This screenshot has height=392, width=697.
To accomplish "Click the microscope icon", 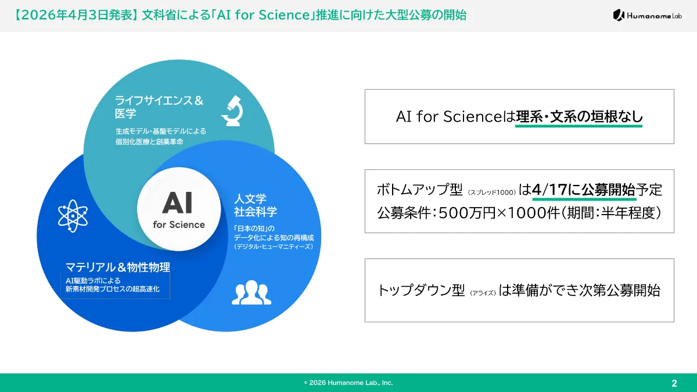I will click(x=232, y=111).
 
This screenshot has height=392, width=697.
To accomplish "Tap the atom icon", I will click(x=72, y=216).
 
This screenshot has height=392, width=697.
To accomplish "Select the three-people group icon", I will click(x=252, y=293).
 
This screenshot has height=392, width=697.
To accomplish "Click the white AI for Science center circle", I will click(x=179, y=209).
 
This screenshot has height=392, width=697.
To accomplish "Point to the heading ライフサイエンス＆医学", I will click(x=159, y=107).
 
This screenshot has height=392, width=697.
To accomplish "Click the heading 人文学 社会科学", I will click(x=255, y=204).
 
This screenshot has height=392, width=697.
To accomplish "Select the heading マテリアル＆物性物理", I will click(x=117, y=268).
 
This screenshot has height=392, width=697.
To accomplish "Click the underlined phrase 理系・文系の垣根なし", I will click(x=579, y=116).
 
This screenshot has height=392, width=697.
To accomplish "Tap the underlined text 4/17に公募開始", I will click(x=583, y=190).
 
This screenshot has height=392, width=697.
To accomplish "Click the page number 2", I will click(x=674, y=383).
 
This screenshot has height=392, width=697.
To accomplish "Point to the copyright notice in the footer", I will click(x=348, y=383).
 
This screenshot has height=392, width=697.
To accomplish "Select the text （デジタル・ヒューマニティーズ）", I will click(x=274, y=247).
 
